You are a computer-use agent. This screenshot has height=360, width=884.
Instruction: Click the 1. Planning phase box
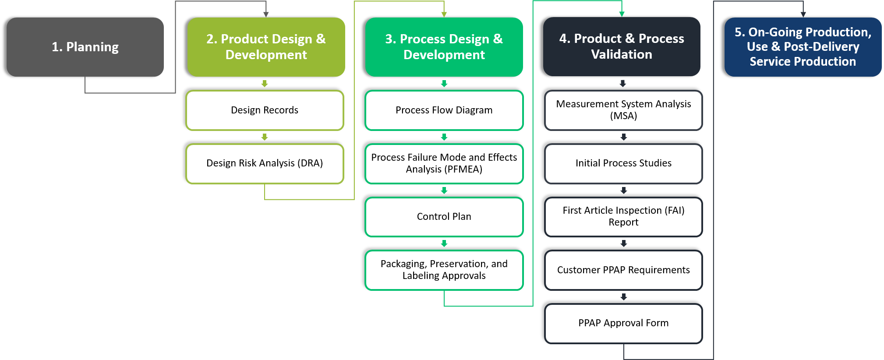(x=85, y=47)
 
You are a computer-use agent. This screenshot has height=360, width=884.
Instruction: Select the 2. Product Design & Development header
(x=266, y=47)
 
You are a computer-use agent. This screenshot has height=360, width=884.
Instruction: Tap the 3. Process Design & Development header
(x=444, y=47)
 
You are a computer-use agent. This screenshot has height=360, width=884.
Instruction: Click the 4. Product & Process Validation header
(x=621, y=46)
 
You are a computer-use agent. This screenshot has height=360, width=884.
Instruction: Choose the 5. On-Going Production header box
(x=803, y=47)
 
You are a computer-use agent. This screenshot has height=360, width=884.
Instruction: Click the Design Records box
(x=265, y=110)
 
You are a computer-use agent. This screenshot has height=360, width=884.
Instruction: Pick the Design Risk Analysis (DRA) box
(x=265, y=163)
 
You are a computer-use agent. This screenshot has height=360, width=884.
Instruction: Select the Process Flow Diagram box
(x=444, y=110)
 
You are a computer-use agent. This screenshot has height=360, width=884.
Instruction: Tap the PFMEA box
(x=444, y=163)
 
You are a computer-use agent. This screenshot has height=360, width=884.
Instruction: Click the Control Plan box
(x=444, y=217)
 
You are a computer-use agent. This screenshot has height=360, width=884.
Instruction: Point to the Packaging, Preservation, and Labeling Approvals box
(x=444, y=270)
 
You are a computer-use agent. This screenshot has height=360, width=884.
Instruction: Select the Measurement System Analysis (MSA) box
(x=623, y=110)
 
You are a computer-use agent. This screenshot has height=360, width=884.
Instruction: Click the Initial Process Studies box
(x=623, y=163)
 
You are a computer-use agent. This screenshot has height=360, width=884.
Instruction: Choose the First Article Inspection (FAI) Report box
(x=623, y=217)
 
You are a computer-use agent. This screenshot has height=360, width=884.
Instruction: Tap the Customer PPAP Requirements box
(x=623, y=270)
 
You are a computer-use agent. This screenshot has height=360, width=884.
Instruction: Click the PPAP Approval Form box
(x=623, y=323)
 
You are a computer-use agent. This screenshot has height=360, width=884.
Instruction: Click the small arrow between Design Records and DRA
(x=265, y=137)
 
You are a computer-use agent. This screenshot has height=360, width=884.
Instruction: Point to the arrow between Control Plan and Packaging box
(x=444, y=244)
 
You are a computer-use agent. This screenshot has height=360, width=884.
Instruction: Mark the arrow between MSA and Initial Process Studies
(x=623, y=137)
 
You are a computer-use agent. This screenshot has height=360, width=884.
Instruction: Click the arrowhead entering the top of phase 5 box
(x=803, y=14)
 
